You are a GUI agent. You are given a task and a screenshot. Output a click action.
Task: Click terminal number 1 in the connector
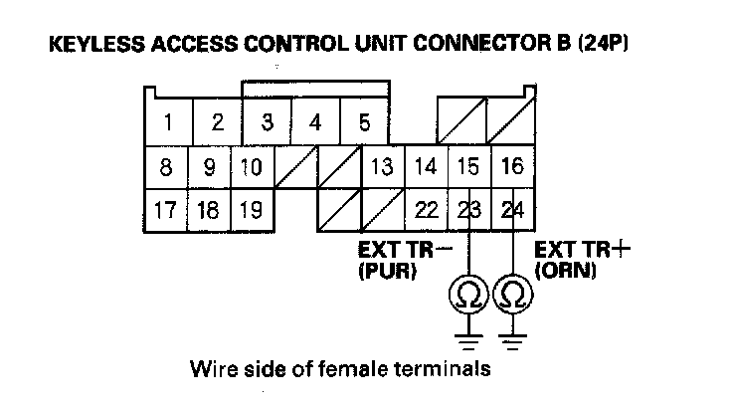(x=169, y=123)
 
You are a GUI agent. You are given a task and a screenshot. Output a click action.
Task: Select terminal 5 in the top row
(x=364, y=123)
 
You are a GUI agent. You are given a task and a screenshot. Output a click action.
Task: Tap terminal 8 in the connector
(x=169, y=167)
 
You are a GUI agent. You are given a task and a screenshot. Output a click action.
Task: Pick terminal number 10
(x=253, y=167)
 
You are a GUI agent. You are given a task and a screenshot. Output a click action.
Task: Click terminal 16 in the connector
(x=511, y=167)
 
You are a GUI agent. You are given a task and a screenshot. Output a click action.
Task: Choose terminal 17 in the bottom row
(x=167, y=210)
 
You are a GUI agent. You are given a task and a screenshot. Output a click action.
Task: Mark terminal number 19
(x=252, y=210)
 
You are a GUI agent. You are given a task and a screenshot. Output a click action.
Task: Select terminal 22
(x=425, y=210)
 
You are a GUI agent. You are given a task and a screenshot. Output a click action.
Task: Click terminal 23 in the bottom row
(x=467, y=210)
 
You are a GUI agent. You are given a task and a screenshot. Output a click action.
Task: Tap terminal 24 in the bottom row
(x=511, y=210)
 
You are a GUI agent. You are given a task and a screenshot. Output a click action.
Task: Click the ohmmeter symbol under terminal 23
(x=467, y=296)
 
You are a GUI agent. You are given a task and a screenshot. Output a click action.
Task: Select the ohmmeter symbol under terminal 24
(x=511, y=296)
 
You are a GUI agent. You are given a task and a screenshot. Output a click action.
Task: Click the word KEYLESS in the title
(x=84, y=47)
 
